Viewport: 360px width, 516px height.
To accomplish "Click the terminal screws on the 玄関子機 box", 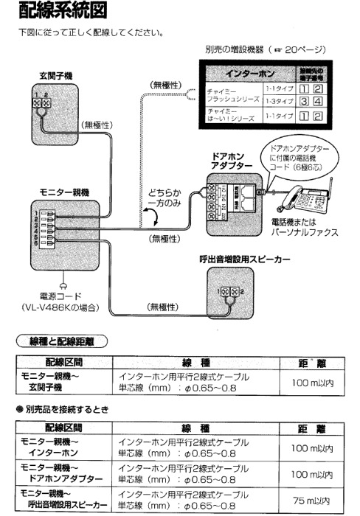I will (42, 104).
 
